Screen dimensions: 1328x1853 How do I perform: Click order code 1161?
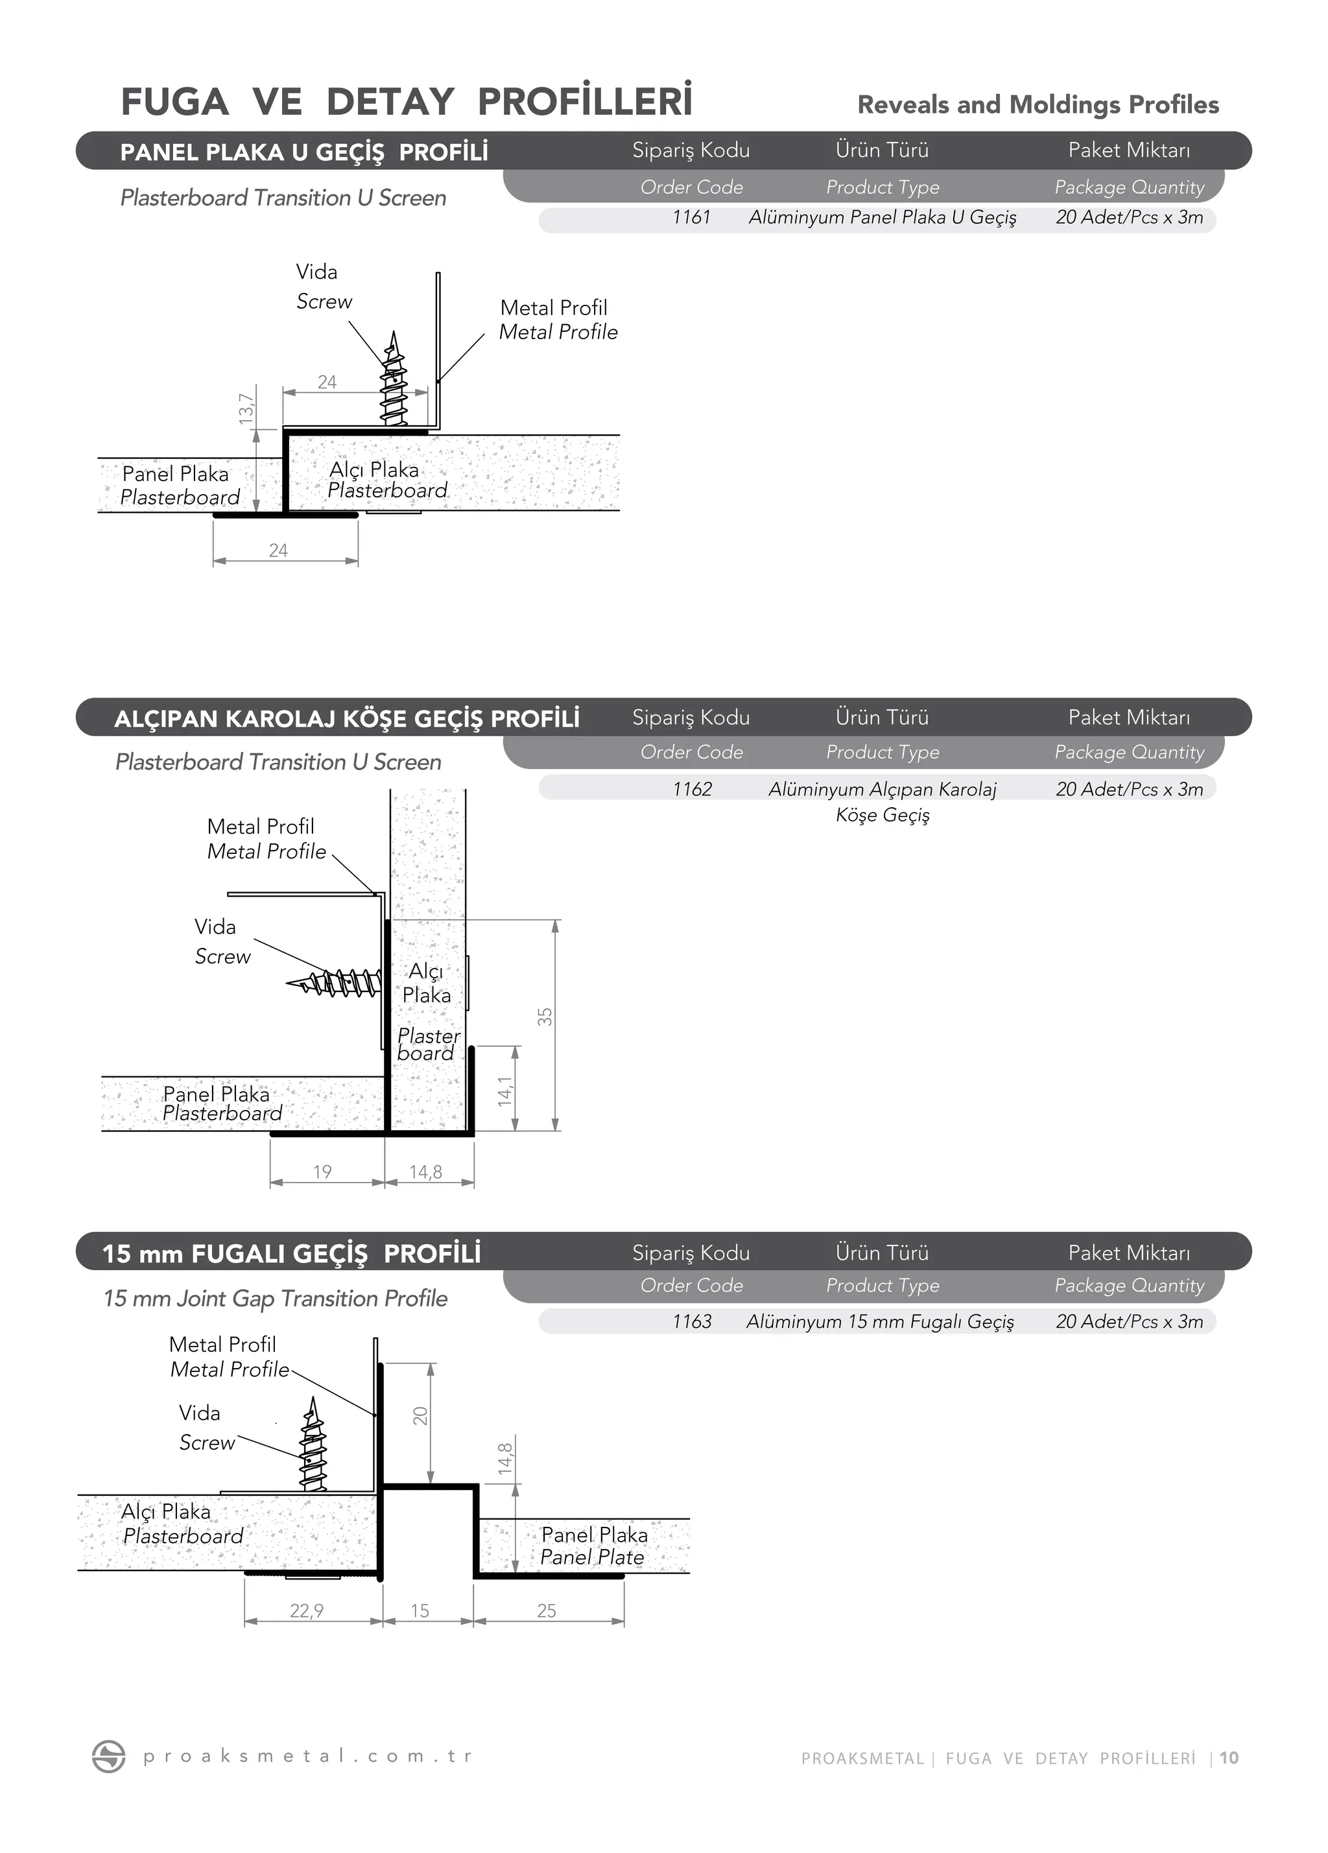click(691, 217)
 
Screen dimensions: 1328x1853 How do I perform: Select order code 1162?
click(692, 789)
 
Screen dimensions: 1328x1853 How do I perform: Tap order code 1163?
click(692, 1321)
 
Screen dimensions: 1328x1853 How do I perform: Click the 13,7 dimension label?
click(246, 408)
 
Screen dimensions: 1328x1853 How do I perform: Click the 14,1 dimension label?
click(505, 1092)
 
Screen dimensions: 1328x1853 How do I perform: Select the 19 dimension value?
click(322, 1172)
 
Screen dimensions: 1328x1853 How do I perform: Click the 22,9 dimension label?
click(307, 1611)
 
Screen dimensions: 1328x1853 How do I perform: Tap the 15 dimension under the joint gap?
click(420, 1611)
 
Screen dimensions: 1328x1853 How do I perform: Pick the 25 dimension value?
click(546, 1611)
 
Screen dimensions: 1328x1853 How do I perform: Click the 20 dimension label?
click(420, 1416)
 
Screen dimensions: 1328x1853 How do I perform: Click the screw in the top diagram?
click(394, 380)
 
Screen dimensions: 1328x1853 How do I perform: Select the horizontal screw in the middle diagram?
click(335, 982)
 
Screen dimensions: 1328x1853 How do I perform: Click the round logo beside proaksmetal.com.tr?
click(109, 1756)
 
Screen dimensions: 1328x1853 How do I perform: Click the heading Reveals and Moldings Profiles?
click(1038, 104)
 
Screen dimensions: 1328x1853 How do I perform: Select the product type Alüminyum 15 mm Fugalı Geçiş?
click(880, 1321)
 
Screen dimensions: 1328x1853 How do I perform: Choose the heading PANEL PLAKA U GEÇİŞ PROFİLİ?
click(304, 152)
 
